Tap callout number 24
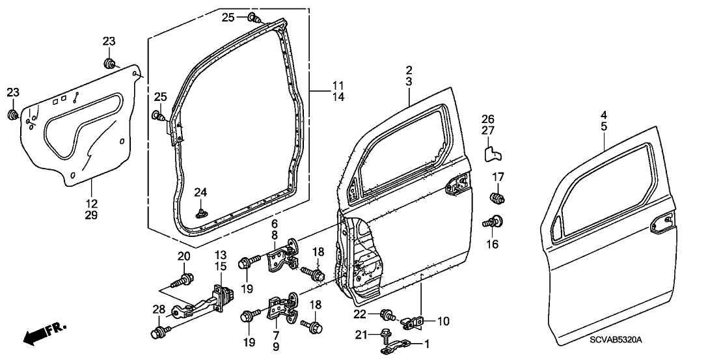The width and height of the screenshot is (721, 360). coord(200,192)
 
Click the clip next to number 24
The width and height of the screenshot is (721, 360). coord(201,212)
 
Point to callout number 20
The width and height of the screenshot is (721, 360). coord(184,257)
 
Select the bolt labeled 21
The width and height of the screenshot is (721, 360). coord(384,336)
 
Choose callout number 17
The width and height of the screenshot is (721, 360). coord(498,176)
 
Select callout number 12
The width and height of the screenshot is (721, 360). coord(92,202)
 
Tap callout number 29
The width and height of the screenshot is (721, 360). coord(92,215)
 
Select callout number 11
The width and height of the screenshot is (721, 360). coord(337,85)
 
